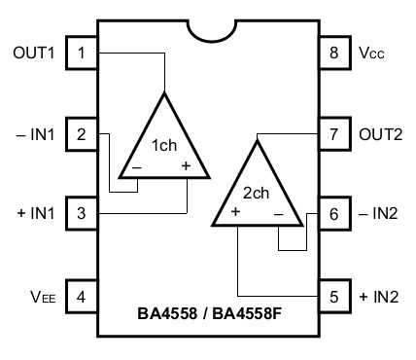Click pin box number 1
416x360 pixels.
82,53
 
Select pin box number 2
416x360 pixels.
82,133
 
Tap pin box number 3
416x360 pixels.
82,213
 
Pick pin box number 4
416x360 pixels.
82,294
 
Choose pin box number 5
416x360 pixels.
334,294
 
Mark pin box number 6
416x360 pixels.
334,213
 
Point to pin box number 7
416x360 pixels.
334,133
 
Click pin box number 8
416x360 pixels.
334,53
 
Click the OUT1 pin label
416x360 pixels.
33,53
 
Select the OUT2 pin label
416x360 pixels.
380,133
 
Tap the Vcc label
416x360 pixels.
370,54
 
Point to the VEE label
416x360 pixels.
43,295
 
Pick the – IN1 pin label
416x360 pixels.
35,133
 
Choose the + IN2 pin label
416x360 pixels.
379,294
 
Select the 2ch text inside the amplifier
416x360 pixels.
255,193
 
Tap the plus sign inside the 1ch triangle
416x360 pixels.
186,166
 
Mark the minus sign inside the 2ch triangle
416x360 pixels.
278,212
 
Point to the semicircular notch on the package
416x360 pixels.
208,27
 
